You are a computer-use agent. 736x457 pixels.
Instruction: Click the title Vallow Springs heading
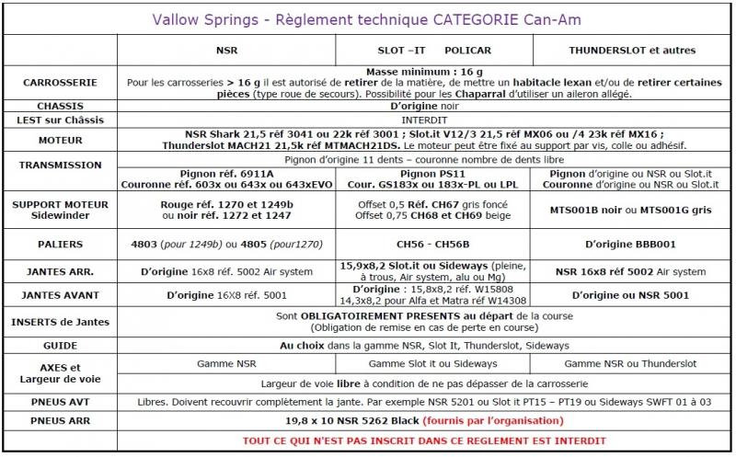tap(368, 17)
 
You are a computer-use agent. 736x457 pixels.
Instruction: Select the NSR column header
tap(225, 50)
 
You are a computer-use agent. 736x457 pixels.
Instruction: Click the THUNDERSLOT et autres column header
tap(632, 50)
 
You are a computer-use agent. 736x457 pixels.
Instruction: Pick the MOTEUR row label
tap(60, 143)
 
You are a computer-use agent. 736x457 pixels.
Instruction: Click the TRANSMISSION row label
tap(60, 166)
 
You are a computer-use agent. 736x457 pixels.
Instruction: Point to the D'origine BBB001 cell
tap(632, 246)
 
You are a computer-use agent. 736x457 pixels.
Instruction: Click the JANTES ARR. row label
tap(60, 272)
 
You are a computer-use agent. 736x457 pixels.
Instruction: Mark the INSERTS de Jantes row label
tap(60, 321)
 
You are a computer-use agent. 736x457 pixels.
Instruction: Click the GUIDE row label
tap(60, 345)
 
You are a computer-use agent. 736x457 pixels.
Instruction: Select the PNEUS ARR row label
tap(60, 420)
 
